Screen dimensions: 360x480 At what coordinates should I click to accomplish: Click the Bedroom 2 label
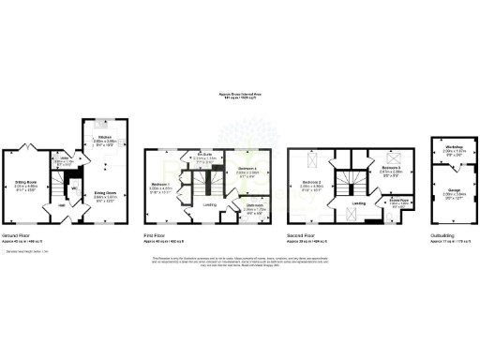tap(313, 182)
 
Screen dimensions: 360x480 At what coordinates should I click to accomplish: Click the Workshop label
tap(454, 148)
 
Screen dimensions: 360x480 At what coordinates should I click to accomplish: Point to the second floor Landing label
tap(358, 202)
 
